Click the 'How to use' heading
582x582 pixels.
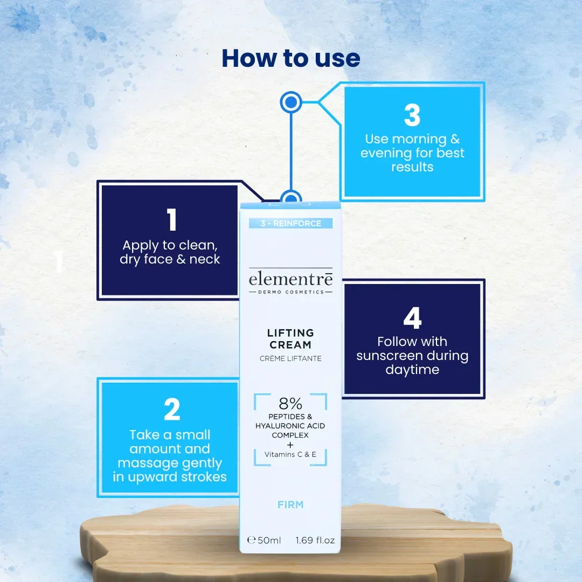pyautogui.click(x=290, y=58)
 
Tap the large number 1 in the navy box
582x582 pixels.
pyautogui.click(x=171, y=219)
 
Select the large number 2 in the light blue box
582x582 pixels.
pyautogui.click(x=172, y=409)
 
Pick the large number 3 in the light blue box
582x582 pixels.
pyautogui.click(x=412, y=115)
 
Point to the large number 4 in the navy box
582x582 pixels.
pyautogui.click(x=412, y=318)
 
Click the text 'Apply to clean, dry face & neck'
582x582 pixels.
pyautogui.click(x=170, y=252)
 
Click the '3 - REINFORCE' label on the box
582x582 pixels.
pyautogui.click(x=290, y=224)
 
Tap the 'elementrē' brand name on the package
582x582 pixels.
pyautogui.click(x=290, y=279)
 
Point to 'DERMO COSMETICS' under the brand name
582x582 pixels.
pyautogui.click(x=291, y=292)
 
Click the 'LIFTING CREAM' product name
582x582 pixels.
pyautogui.click(x=290, y=339)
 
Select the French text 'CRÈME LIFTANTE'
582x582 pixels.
pyautogui.click(x=290, y=358)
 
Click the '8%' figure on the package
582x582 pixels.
pyautogui.click(x=290, y=403)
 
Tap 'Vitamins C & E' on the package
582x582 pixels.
pyautogui.click(x=290, y=454)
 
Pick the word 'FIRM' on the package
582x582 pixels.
pyautogui.click(x=290, y=505)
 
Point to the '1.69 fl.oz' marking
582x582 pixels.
pyautogui.click(x=315, y=541)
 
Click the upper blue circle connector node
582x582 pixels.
pyautogui.click(x=290, y=102)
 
